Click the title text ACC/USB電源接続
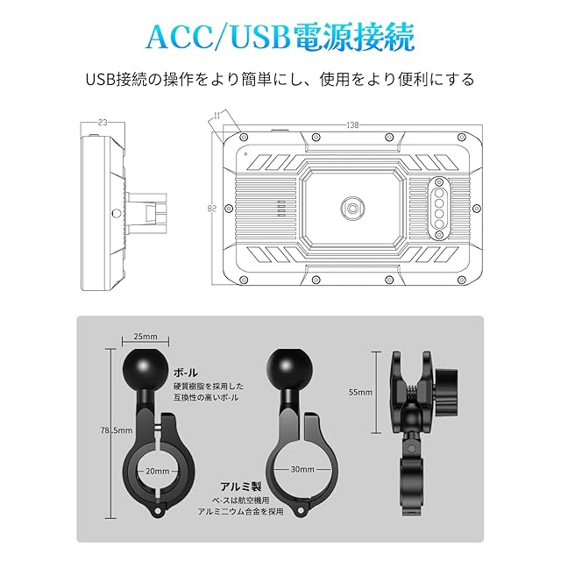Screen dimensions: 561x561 coord(280,36)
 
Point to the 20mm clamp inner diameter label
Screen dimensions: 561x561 coord(158,470)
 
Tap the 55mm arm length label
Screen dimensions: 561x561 coord(360,392)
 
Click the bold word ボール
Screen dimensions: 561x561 coord(186,371)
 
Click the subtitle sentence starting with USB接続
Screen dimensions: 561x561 coord(280,80)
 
